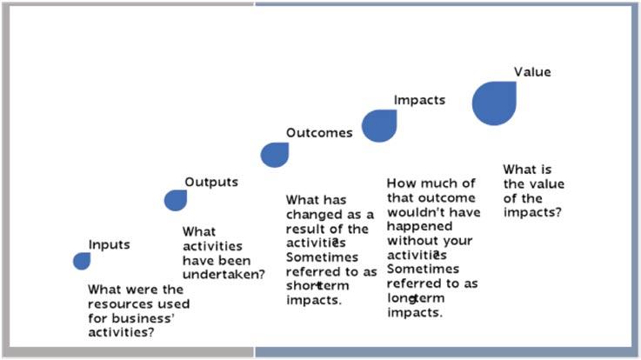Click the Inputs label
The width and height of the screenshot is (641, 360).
[109, 244]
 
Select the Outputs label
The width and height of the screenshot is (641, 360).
[211, 183]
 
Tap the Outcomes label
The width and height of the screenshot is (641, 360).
[319, 133]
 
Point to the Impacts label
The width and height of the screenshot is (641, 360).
[419, 100]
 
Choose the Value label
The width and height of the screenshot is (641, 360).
[532, 72]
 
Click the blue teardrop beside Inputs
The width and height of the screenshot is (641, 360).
[82, 261]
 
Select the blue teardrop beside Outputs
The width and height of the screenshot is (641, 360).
[176, 200]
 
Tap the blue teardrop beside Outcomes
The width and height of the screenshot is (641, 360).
[275, 155]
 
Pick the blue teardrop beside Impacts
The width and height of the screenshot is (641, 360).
[379, 126]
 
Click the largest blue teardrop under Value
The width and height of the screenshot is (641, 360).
[494, 103]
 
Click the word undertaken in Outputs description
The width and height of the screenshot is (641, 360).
[224, 274]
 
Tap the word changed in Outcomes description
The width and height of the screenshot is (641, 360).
[314, 215]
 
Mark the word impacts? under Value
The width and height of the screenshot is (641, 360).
[532, 212]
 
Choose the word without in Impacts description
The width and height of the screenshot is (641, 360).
[411, 241]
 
